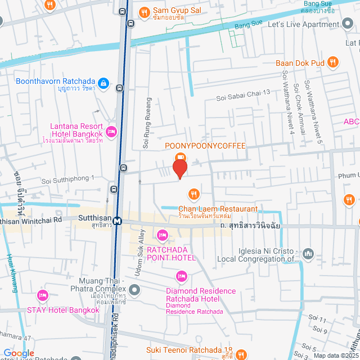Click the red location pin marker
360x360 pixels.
coord(179,169)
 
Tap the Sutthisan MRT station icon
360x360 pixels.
coord(117,221)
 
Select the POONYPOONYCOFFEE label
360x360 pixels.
coord(205,146)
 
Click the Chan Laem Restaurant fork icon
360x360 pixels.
coord(193,195)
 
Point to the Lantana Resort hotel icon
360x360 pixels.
coord(111,132)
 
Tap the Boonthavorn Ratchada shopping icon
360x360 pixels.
coord(103,84)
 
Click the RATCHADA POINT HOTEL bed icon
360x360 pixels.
coord(163,235)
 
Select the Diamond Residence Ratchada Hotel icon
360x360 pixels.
coord(181,276)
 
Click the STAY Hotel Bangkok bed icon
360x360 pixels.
coord(42,295)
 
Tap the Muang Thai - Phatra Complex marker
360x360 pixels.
coord(134,290)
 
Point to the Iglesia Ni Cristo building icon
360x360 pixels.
coord(308,254)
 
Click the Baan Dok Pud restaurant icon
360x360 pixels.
coord(333,62)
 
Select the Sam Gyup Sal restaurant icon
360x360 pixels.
coord(144,11)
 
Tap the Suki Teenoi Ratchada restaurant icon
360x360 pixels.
coord(240,354)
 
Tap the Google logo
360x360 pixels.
coord(19,353)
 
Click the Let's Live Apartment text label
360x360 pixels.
coord(303,25)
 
